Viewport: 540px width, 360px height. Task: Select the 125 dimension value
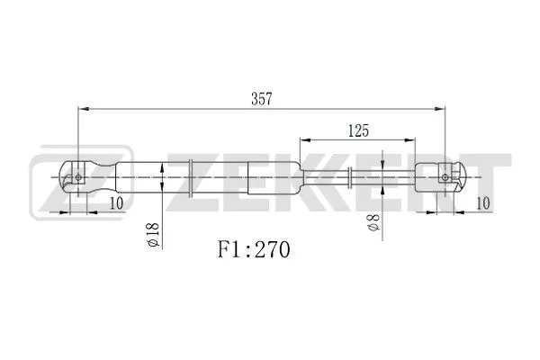[358, 130]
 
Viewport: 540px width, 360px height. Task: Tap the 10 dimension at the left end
[116, 204]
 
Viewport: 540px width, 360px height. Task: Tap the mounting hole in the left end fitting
[79, 177]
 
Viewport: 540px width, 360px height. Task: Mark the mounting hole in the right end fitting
[445, 177]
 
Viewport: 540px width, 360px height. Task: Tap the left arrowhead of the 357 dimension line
[84, 109]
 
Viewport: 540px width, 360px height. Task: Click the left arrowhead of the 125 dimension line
[304, 141]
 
